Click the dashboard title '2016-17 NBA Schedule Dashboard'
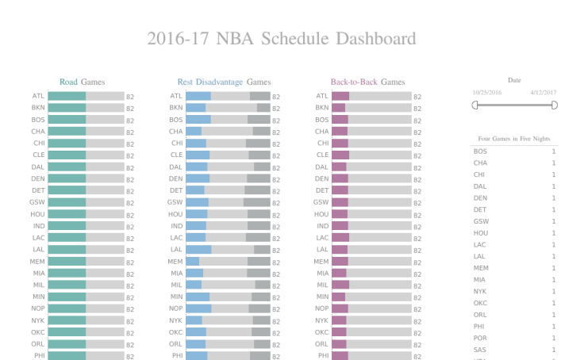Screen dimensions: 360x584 click(x=281, y=39)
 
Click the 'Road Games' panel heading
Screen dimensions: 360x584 click(x=82, y=82)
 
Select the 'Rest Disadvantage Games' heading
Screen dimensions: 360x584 click(x=224, y=82)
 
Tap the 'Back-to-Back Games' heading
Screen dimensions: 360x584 click(x=367, y=82)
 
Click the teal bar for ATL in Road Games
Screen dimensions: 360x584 click(x=67, y=96)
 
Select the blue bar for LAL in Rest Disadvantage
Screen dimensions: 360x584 click(x=198, y=250)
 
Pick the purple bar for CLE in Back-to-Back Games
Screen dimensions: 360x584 click(x=340, y=155)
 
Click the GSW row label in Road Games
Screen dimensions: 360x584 click(x=37, y=202)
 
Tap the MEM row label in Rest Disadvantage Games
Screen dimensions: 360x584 click(x=175, y=262)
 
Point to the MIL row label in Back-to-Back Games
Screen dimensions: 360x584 click(x=322, y=285)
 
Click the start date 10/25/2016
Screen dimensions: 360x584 click(x=487, y=93)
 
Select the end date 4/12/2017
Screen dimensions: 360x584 click(x=544, y=93)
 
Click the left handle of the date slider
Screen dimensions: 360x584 click(x=474, y=105)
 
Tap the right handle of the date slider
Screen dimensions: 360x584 click(x=554, y=105)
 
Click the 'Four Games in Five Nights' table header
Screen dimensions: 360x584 click(x=514, y=138)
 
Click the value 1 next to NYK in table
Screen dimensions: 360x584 click(x=554, y=291)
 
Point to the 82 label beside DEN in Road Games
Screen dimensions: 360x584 click(x=130, y=179)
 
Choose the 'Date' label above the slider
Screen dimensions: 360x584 click(x=514, y=80)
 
